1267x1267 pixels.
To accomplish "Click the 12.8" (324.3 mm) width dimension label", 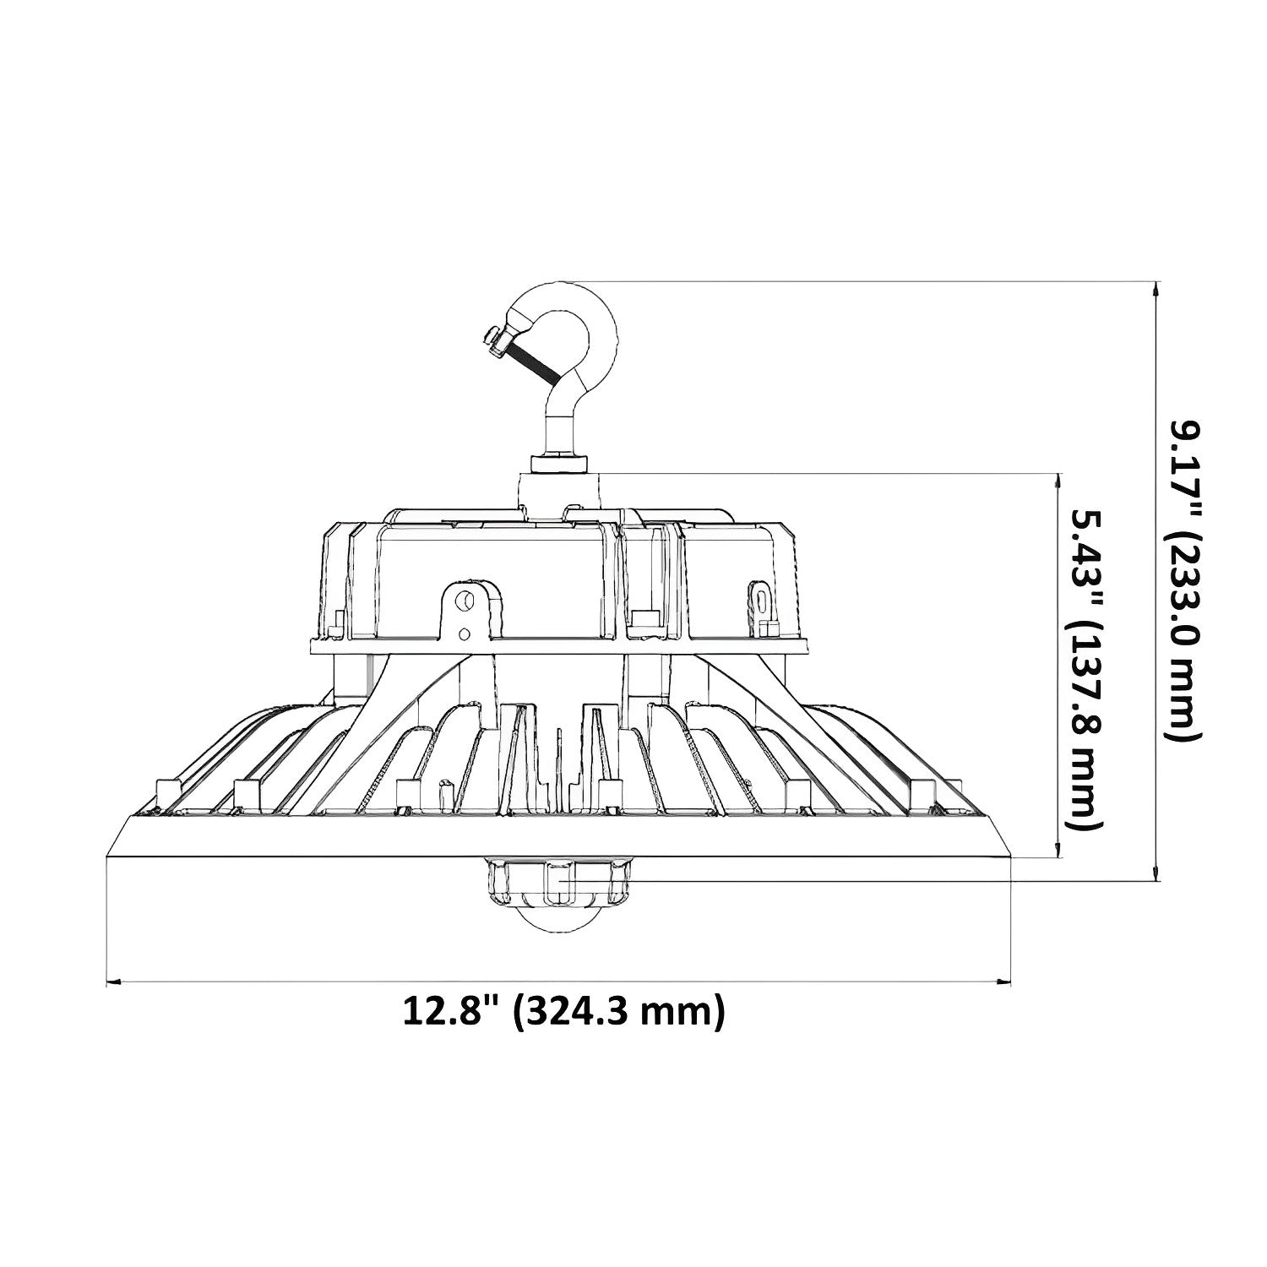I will [563, 1010].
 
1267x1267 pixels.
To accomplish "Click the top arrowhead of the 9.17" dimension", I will [1156, 288].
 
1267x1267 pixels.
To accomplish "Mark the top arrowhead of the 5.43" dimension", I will [1056, 480].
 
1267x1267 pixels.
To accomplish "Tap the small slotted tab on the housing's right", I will [762, 601].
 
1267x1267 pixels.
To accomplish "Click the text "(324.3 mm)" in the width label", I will [621, 1010].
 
